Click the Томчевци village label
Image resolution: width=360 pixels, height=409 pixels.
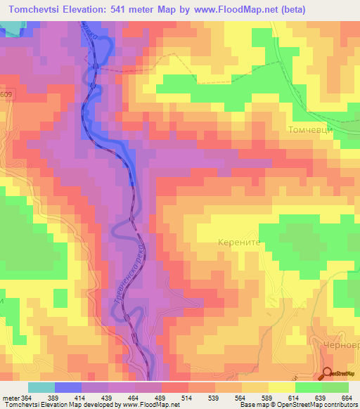point(314,130)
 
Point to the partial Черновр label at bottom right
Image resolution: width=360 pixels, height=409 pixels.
point(343,353)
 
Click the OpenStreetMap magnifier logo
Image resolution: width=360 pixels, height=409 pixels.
point(327,374)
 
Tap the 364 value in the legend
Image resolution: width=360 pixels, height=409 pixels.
point(27,398)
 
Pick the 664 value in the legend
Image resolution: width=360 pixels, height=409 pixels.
point(347,398)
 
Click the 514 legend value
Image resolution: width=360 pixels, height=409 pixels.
point(188,398)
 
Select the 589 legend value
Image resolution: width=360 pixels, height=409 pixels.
point(267,398)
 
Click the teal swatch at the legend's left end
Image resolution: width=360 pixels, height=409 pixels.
point(41,387)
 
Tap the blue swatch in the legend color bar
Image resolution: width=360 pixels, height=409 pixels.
point(67,387)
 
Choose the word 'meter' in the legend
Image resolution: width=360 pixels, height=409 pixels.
point(11,398)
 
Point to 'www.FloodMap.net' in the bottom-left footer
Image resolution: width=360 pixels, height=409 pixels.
point(142,405)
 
